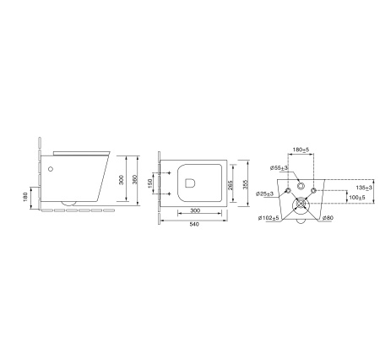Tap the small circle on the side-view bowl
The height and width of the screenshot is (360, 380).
(51, 169)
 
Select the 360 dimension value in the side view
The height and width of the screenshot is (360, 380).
(135, 180)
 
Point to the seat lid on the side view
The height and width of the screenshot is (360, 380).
(81, 152)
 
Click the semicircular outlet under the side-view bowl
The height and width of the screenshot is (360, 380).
(68, 204)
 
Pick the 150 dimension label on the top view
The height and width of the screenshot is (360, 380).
(149, 183)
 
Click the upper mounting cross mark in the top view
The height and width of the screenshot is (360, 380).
(169, 172)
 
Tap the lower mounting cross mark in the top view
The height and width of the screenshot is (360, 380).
(169, 194)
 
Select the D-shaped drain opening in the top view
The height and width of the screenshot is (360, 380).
(190, 183)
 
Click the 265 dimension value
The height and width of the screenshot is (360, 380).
(230, 185)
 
